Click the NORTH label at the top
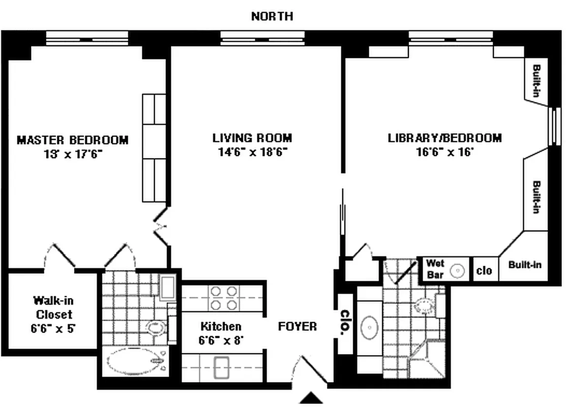272,16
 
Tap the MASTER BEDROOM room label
73,139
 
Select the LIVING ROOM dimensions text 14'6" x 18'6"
252,152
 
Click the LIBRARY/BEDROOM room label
444,138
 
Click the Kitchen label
220,326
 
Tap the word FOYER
297,326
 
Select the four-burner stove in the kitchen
224,298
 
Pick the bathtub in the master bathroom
134,362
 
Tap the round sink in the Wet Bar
459,271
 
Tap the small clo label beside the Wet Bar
484,271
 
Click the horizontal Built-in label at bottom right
525,265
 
